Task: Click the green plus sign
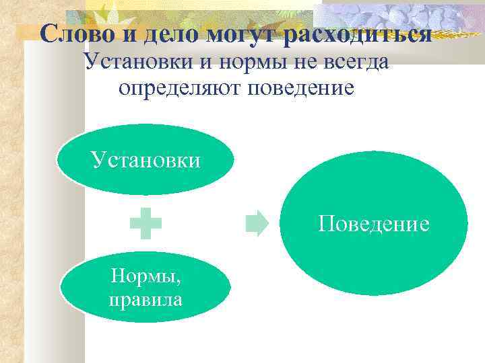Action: click(145, 225)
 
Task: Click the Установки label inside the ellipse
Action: click(146, 160)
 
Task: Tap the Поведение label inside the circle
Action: click(374, 223)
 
